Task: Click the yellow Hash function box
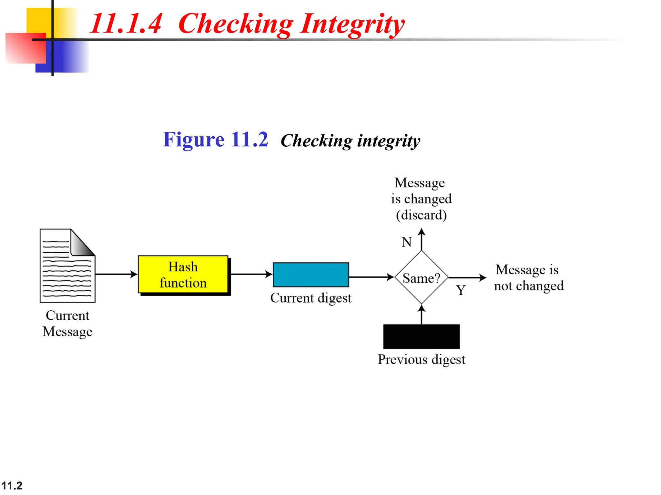point(183,274)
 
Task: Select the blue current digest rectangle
point(310,275)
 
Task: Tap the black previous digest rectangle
point(421,336)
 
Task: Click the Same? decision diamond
point(421,277)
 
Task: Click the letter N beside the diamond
point(407,242)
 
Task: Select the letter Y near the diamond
point(461,290)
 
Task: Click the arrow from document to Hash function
point(116,274)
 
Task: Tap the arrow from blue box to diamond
point(371,277)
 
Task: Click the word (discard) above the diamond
point(421,215)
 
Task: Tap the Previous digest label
point(421,359)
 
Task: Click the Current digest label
point(310,298)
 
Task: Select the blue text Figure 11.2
point(215,140)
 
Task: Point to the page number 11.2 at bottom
point(12,485)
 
